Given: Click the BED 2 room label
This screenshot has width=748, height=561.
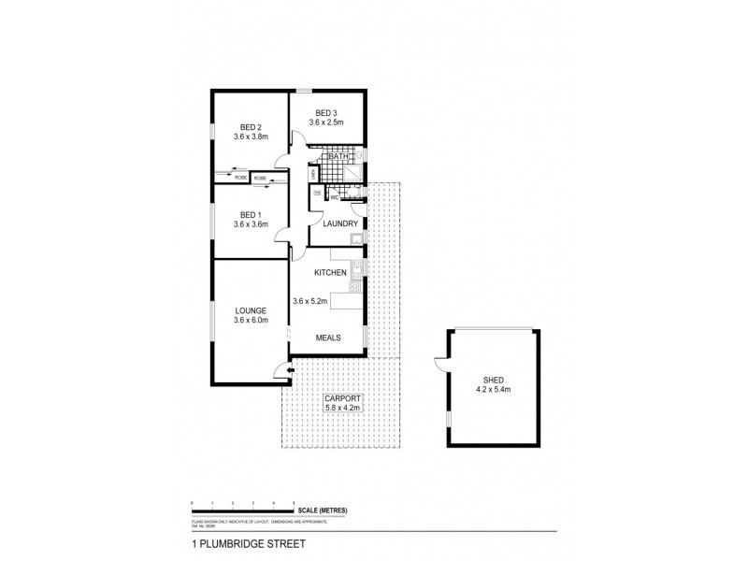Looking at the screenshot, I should tap(249, 126).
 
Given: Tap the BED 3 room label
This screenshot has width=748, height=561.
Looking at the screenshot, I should tap(327, 111).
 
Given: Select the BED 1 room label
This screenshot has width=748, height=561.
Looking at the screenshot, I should tap(249, 214).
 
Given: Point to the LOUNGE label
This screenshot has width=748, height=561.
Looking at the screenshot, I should tap(251, 310).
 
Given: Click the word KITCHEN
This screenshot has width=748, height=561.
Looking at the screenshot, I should tap(331, 272).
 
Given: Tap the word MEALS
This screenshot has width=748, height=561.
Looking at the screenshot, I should tap(327, 338).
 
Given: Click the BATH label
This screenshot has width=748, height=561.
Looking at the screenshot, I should tap(327, 156).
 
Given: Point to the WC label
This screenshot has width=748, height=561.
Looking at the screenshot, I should tap(334, 197).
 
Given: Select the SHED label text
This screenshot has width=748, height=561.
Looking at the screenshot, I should tap(495, 381).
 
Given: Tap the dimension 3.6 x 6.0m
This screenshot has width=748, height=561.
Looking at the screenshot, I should tap(251, 321).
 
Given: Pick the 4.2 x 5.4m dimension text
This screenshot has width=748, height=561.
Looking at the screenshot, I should tap(495, 391).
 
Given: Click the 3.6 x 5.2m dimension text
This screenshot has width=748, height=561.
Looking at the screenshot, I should tap(311, 301).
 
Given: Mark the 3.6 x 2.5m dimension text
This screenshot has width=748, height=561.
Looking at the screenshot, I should tap(327, 122).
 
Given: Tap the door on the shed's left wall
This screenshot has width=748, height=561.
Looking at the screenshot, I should tap(439, 368).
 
